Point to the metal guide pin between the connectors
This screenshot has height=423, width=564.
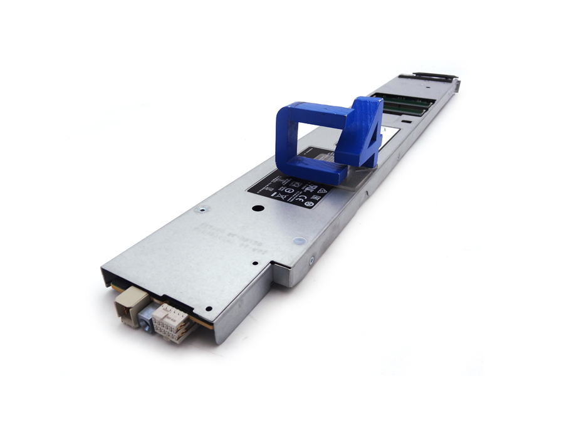(145, 320)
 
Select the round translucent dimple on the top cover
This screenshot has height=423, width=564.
(299, 240)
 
